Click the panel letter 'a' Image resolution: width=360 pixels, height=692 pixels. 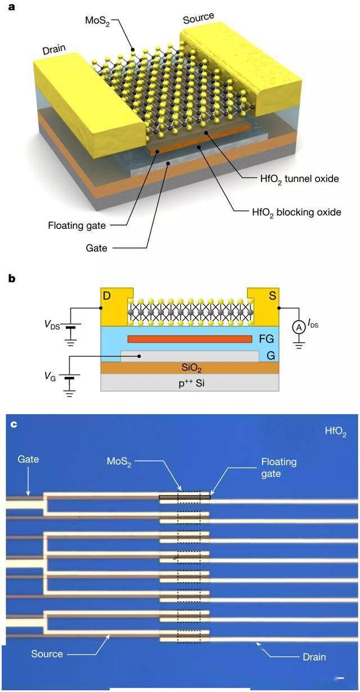(x=11, y=7)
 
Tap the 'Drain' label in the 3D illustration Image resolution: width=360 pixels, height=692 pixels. (x=54, y=50)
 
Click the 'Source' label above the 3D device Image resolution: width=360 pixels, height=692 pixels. (x=198, y=18)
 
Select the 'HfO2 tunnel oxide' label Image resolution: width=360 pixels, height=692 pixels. (x=299, y=179)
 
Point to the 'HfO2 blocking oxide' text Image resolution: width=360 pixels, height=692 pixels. (x=296, y=213)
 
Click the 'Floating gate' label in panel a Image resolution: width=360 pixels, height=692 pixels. (x=77, y=226)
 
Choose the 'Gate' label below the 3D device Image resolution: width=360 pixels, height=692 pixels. (x=97, y=248)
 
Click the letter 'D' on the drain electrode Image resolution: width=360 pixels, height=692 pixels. (x=106, y=295)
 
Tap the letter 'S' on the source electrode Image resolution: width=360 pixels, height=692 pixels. (x=272, y=295)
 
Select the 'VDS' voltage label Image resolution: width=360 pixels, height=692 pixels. (x=52, y=325)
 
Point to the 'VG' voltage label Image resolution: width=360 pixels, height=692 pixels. (x=50, y=376)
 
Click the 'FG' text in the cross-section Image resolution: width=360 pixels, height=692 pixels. (x=267, y=339)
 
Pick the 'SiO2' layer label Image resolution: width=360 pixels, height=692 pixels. (x=191, y=368)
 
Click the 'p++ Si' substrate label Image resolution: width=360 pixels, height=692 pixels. (x=191, y=383)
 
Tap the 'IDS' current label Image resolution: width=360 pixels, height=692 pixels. (x=313, y=323)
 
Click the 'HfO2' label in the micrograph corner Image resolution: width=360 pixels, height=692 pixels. (x=336, y=432)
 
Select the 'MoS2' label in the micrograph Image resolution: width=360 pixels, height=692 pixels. (x=119, y=462)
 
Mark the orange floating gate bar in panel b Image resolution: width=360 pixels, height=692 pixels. (x=190, y=339)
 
